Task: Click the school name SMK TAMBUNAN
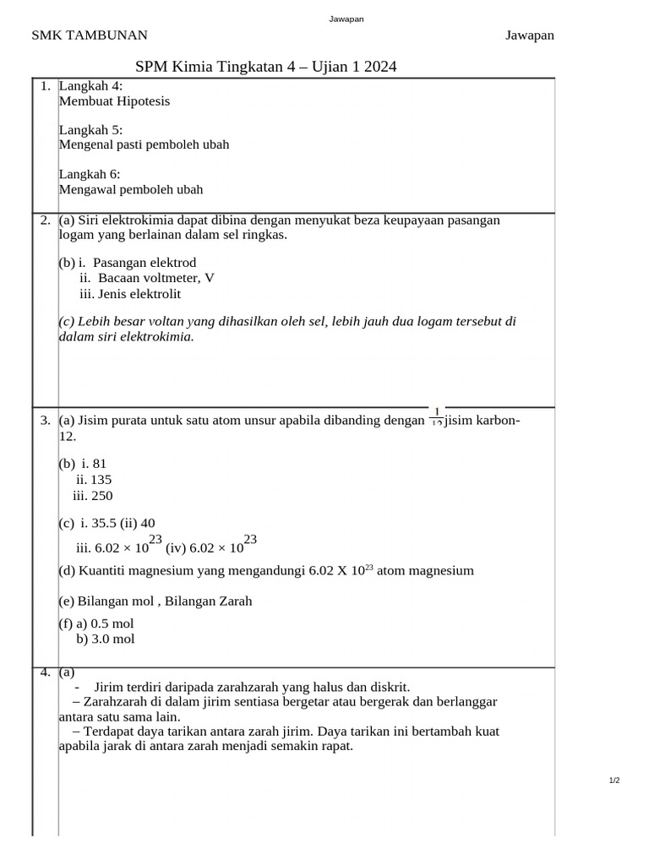coord(90,35)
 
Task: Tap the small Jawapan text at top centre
coord(346,19)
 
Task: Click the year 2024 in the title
coord(380,67)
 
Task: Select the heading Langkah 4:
coord(90,85)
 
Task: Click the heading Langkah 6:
coord(90,174)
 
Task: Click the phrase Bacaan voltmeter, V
coord(155,278)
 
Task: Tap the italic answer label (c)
coord(67,321)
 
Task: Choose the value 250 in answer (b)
coord(102,495)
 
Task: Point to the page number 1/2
coord(614,780)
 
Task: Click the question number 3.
coord(45,420)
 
